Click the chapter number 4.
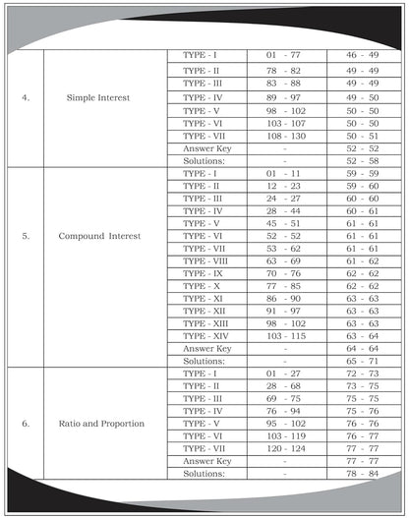click(26, 98)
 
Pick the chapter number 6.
click(26, 424)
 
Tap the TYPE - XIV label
click(208, 336)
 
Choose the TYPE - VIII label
click(208, 261)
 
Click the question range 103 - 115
click(285, 336)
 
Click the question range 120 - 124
click(285, 448)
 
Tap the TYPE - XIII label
click(208, 323)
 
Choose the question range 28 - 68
click(285, 386)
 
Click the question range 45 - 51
click(285, 223)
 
